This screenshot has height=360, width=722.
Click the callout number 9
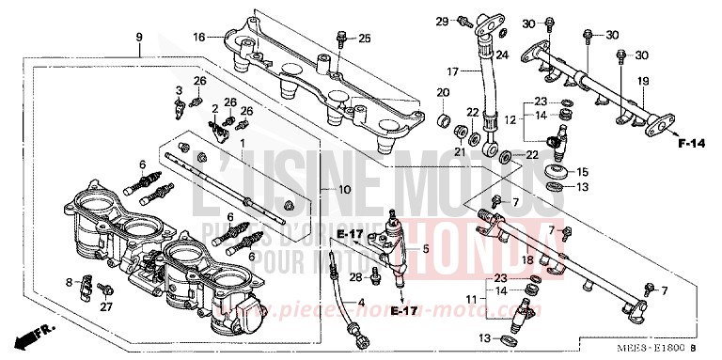click(138, 37)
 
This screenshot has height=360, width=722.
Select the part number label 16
click(198, 37)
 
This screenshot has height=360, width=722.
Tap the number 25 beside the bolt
click(365, 39)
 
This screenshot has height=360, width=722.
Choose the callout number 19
click(644, 83)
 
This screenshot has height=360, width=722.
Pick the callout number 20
click(442, 92)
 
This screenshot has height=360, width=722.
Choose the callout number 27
click(105, 306)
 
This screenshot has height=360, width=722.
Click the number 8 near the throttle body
click(69, 282)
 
